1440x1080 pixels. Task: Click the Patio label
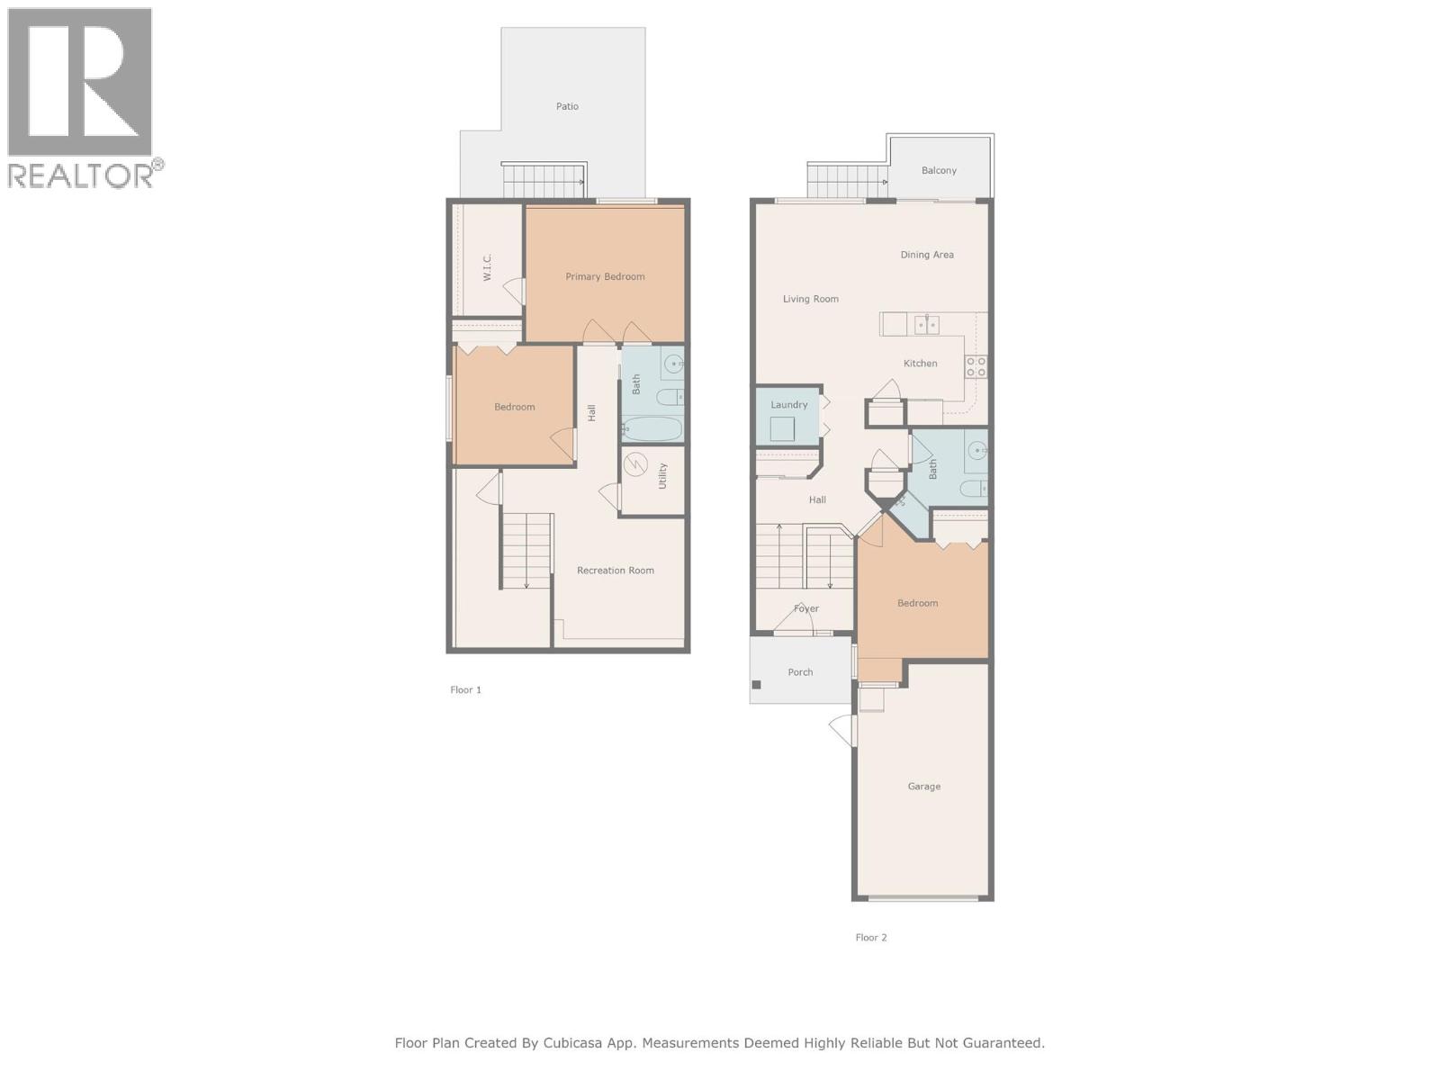[567, 106]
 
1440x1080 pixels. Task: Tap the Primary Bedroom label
[605, 276]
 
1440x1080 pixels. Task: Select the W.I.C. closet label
[487, 267]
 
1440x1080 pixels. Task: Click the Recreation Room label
[616, 570]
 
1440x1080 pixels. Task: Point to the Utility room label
[662, 476]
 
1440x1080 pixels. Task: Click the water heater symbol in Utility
[635, 464]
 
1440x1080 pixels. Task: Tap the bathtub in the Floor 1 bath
[652, 428]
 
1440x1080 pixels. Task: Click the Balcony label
[939, 170]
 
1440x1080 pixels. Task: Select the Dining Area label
[927, 255]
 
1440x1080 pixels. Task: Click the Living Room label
[810, 299]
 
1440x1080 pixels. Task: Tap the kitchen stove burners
[976, 366]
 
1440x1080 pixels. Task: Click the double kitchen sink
[927, 324]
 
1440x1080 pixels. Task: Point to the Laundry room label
[788, 405]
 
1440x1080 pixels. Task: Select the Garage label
[923, 787]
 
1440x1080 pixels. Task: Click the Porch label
[800, 672]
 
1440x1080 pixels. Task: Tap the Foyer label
[806, 608]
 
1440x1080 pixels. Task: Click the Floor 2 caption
[870, 937]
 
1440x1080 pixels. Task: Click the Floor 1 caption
[465, 689]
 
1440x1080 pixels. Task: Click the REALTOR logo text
[81, 175]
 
